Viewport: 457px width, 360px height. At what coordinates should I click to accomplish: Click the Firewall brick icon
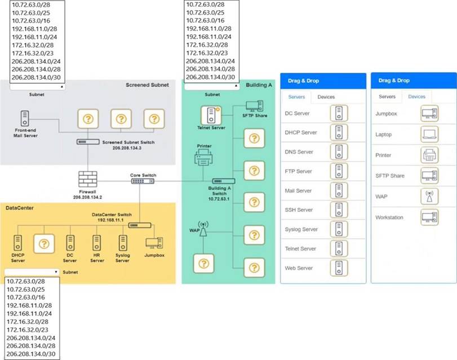88,179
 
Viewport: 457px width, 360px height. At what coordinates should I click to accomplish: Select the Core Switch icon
143,181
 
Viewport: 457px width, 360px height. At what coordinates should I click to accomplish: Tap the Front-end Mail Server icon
25,118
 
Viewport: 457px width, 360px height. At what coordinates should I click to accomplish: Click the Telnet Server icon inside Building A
211,115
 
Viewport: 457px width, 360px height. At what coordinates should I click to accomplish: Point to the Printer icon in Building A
203,157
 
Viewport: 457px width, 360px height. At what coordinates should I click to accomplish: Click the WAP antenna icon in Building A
203,229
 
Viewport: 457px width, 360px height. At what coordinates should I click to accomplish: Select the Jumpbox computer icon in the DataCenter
154,243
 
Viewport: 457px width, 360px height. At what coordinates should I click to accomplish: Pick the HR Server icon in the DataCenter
97,243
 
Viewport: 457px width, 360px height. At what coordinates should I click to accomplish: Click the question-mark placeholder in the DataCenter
44,244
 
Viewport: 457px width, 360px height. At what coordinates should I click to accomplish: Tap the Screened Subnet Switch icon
88,142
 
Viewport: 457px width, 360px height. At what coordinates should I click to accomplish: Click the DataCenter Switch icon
140,225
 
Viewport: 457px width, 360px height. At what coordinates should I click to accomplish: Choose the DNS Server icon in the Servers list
339,152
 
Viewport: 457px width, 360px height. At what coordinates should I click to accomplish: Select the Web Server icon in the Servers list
339,268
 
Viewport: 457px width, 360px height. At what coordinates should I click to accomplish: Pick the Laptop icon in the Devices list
429,134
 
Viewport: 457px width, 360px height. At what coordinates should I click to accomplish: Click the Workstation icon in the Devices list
429,217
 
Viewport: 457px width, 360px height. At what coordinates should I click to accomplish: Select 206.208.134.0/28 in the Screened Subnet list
36,69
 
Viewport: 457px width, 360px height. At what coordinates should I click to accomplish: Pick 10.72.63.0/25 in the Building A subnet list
205,12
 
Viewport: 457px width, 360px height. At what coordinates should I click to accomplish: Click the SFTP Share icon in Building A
255,106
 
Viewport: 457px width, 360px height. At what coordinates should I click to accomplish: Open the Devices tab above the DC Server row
326,97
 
